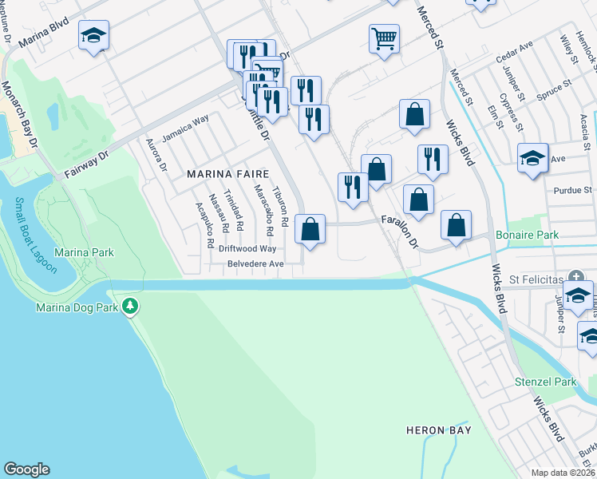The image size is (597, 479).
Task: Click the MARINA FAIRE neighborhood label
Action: coord(227,172)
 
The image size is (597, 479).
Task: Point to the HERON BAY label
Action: coord(438,430)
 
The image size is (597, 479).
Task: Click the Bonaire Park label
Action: coord(527,235)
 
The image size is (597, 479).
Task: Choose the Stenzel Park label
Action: coord(545,382)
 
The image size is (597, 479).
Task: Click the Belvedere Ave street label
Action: coord(255,263)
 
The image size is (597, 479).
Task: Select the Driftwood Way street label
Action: coord(247,248)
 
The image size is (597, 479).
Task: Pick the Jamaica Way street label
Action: coord(185,128)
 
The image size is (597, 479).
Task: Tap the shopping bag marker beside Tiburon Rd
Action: coord(310,230)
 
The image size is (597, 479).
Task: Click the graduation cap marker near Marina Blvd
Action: coord(94,36)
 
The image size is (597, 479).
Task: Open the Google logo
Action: coord(26,469)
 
